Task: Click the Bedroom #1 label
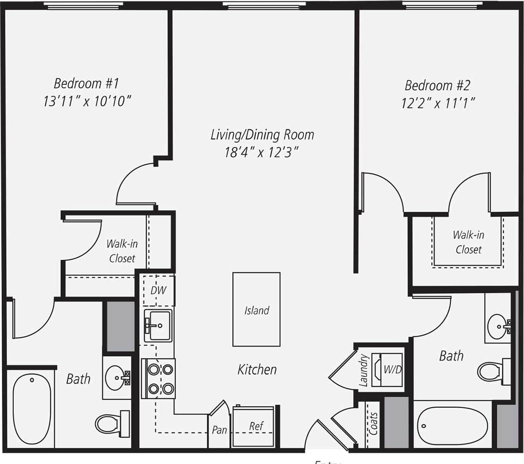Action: [86, 83]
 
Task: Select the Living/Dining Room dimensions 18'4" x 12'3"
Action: [262, 152]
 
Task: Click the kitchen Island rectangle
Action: [256, 309]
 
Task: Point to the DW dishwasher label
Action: [158, 291]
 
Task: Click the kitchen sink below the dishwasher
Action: [158, 325]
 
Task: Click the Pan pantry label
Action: [219, 430]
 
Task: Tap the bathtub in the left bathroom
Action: [31, 408]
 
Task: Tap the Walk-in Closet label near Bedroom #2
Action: [468, 242]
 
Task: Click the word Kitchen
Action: [257, 369]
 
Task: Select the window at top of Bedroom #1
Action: [83, 6]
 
